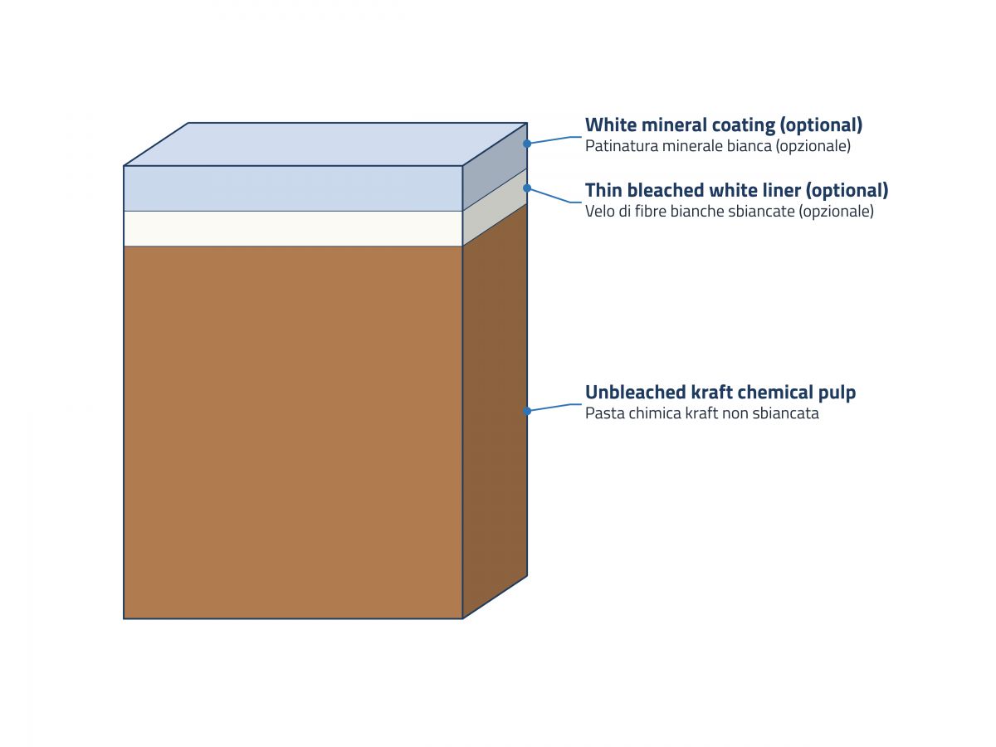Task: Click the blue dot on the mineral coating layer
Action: point(527,144)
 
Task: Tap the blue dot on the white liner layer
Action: point(527,188)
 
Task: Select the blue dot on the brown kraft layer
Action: point(527,411)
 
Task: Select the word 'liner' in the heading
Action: point(779,190)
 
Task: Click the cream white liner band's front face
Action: point(293,228)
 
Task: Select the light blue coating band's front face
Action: point(293,188)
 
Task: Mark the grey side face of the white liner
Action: point(495,207)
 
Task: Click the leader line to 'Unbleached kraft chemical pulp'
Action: point(554,407)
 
